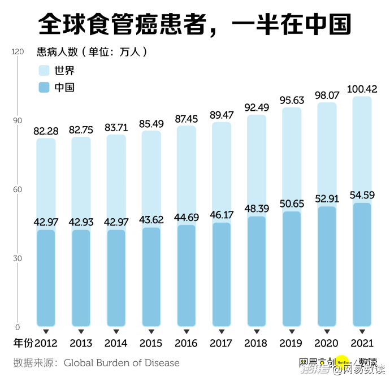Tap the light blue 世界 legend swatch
(x=45, y=71)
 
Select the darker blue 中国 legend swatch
(x=45, y=88)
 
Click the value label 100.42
(x=362, y=89)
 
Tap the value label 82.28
(x=46, y=131)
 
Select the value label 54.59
(x=362, y=196)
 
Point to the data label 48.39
(x=257, y=209)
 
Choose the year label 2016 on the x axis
(x=186, y=344)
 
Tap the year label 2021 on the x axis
(x=362, y=344)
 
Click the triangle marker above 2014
(x=116, y=331)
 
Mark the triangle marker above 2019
(x=292, y=331)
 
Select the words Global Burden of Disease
(x=122, y=363)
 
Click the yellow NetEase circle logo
(x=344, y=362)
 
